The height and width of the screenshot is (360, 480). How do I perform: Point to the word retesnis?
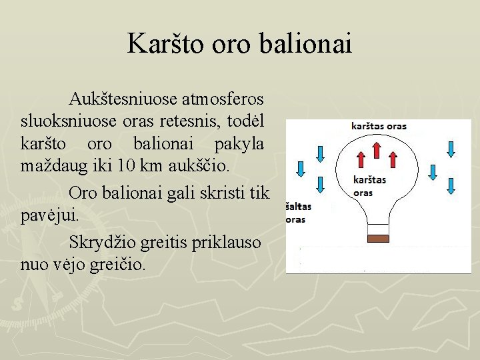[191, 121]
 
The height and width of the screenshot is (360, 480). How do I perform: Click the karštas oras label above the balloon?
[379, 126]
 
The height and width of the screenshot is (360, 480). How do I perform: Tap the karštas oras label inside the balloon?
[369, 186]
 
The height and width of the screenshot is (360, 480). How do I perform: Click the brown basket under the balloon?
[378, 237]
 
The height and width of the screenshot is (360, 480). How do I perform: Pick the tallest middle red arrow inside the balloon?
[377, 151]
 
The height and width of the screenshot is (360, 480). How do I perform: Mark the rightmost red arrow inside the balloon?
[393, 159]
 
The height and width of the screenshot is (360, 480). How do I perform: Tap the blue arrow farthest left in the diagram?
[300, 172]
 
